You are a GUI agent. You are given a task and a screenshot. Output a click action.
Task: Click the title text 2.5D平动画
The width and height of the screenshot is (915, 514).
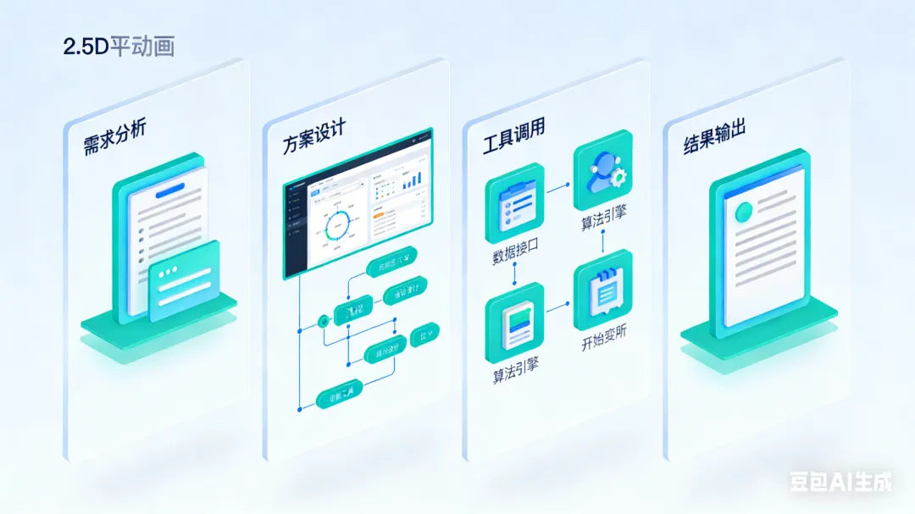[119, 47]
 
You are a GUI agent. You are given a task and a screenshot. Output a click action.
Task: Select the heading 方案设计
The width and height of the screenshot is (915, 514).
[314, 140]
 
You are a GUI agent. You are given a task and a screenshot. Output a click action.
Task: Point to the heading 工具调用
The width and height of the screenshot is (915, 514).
[513, 136]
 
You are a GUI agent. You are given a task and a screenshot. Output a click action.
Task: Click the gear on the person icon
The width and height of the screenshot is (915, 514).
[618, 177]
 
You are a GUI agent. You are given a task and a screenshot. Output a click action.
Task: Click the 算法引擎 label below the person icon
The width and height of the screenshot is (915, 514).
[603, 219]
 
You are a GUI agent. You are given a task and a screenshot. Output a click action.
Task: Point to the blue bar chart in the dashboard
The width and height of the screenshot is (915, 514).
[412, 179]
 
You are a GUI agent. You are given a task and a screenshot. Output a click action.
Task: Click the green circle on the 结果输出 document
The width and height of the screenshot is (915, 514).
[745, 211]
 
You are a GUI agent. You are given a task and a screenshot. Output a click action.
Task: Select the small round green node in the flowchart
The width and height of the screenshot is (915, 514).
[321, 321]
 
